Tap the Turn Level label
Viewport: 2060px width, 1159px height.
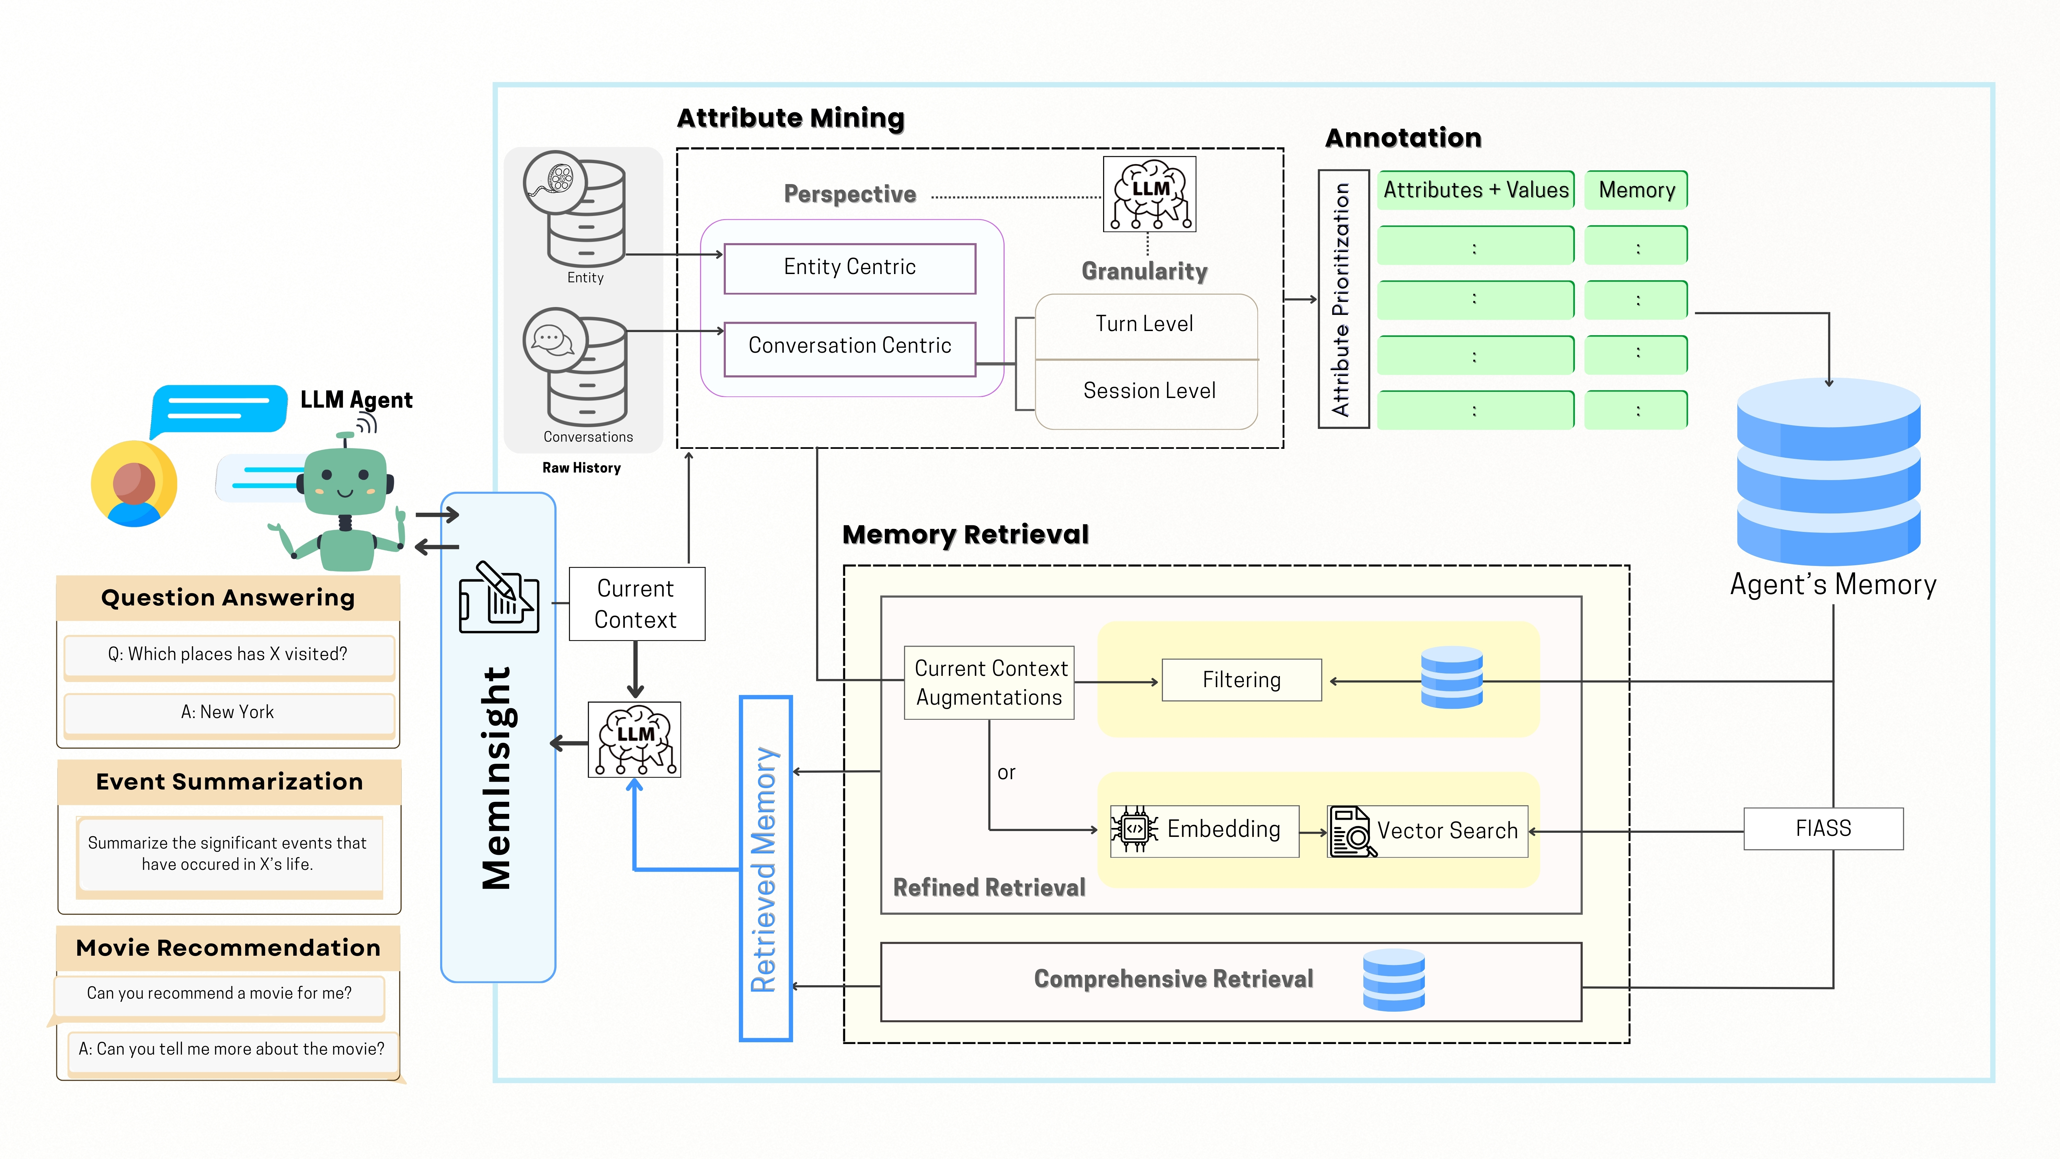pyautogui.click(x=1144, y=324)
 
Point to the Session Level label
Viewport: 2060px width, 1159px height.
pyautogui.click(x=1149, y=391)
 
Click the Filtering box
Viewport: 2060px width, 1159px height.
pyautogui.click(x=1241, y=680)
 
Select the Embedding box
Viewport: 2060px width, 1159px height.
pyautogui.click(x=1204, y=830)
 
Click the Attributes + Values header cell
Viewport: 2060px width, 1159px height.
pyautogui.click(x=1475, y=190)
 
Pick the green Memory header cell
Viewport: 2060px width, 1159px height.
pyautogui.click(x=1636, y=190)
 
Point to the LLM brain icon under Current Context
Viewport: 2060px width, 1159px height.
pyautogui.click(x=634, y=739)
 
